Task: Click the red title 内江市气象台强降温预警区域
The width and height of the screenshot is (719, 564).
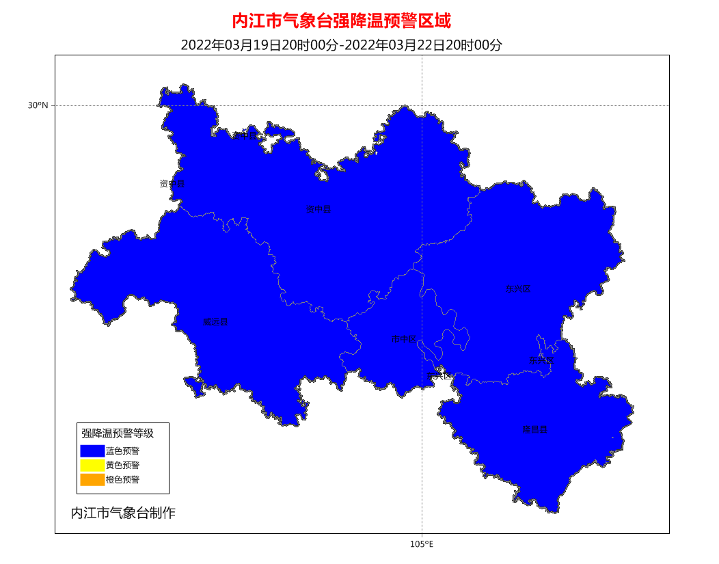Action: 342,21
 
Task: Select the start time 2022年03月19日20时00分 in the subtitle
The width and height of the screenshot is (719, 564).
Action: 259,45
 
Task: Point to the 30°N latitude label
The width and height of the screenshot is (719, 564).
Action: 38,105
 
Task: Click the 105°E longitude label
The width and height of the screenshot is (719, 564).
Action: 422,544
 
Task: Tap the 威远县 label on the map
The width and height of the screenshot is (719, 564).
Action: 215,322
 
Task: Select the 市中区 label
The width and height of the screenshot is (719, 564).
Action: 403,339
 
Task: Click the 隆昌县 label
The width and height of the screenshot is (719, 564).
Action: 535,430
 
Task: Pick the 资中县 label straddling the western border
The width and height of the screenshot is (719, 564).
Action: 172,184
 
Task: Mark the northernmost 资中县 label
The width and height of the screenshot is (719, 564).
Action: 245,135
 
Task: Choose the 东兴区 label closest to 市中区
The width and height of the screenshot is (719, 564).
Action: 439,376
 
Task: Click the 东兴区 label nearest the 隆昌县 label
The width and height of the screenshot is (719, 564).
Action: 541,360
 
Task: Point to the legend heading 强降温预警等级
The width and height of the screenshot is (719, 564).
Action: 118,433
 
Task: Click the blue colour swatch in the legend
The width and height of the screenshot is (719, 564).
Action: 92,451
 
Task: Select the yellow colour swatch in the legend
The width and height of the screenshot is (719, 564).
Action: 92,466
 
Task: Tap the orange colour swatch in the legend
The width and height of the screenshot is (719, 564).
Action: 92,480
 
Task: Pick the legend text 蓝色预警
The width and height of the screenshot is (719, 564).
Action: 123,451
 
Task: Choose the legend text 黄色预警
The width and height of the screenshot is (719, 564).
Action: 123,466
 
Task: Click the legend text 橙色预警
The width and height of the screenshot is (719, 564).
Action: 123,480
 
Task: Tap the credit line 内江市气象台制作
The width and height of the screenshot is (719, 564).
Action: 123,513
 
